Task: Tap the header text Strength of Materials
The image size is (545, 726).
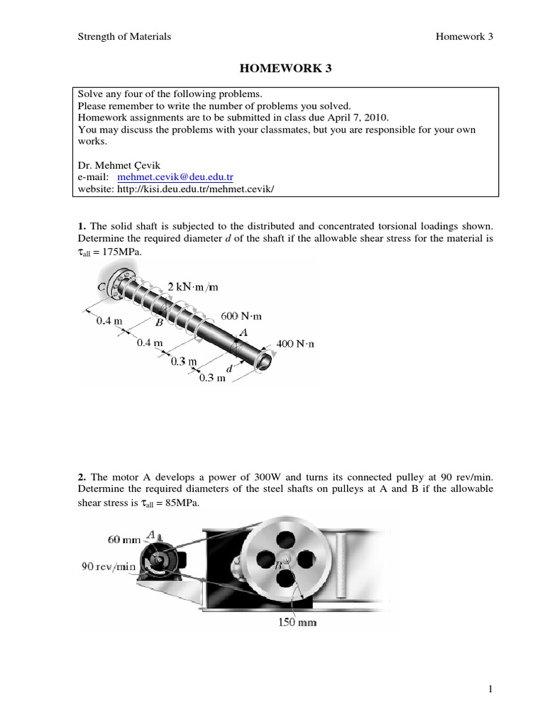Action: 124,37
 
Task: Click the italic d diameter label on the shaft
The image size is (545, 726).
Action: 229,369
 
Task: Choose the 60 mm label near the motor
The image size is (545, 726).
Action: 123,540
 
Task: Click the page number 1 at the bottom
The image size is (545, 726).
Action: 490,688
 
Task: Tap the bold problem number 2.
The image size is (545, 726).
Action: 82,478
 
